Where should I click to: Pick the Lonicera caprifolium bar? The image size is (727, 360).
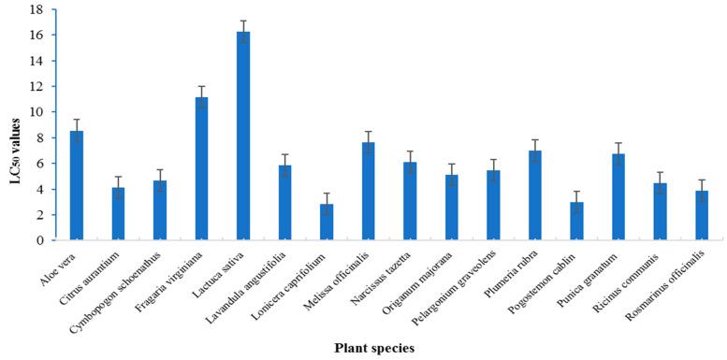point(327,222)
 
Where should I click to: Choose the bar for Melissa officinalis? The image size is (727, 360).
point(369,191)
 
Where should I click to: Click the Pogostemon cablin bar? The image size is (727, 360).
point(577,221)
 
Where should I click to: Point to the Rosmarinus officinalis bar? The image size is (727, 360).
point(702,215)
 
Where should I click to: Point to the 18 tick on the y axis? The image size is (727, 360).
point(37,10)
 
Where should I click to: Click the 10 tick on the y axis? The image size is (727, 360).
point(37,112)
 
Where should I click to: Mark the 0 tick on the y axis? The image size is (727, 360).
point(41,240)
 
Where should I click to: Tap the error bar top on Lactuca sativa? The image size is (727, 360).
point(243,21)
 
